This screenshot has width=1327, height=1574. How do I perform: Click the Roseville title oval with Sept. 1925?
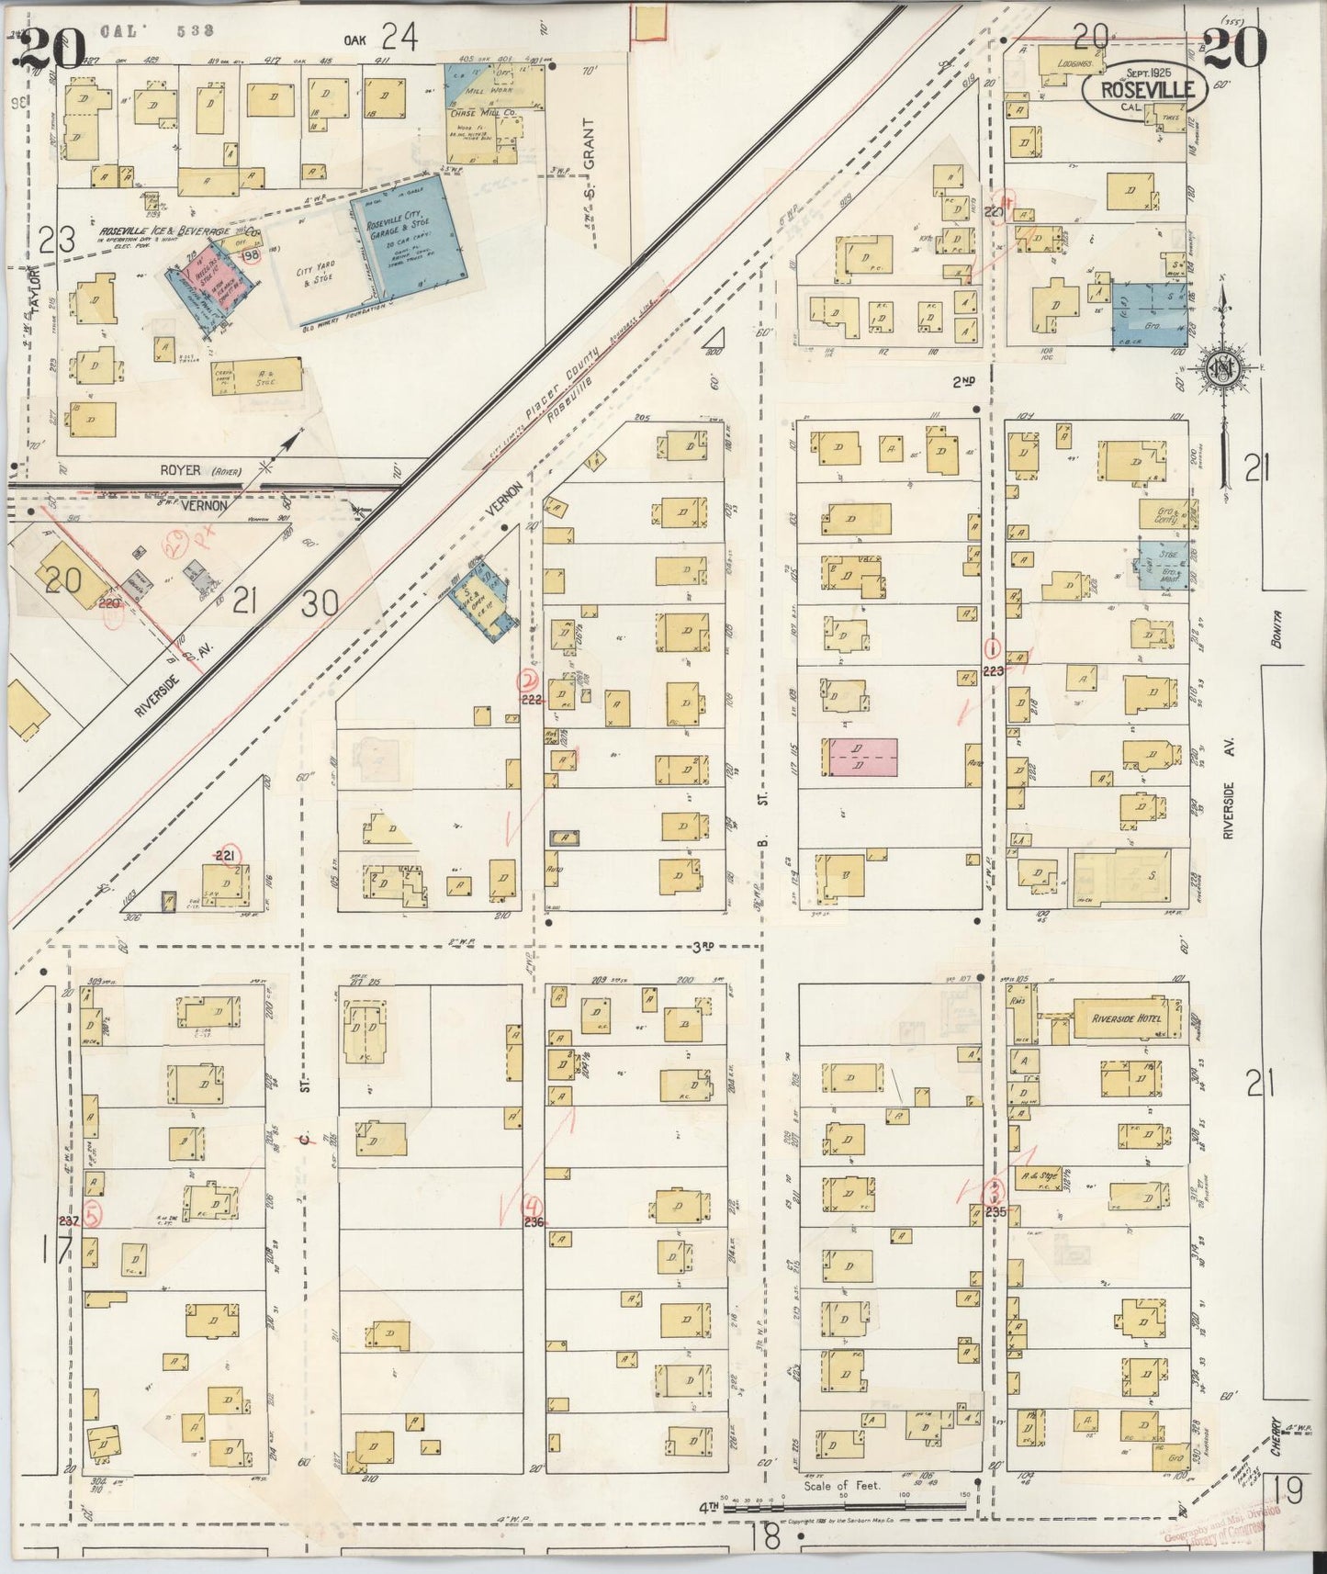(x=1142, y=87)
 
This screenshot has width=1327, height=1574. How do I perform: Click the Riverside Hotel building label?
(x=1126, y=1018)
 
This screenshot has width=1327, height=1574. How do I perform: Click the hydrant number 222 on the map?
(x=530, y=699)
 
